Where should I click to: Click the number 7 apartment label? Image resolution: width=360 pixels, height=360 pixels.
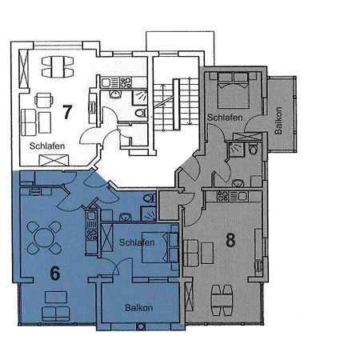69,112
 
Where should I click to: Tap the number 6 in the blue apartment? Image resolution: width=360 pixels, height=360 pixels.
54,272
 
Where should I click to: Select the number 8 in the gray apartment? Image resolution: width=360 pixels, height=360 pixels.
230,241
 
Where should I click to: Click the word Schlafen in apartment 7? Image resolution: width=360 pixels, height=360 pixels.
48,146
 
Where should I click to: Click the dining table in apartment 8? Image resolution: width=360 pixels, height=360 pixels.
222,302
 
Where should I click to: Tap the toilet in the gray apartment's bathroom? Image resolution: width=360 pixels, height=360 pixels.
253,149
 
